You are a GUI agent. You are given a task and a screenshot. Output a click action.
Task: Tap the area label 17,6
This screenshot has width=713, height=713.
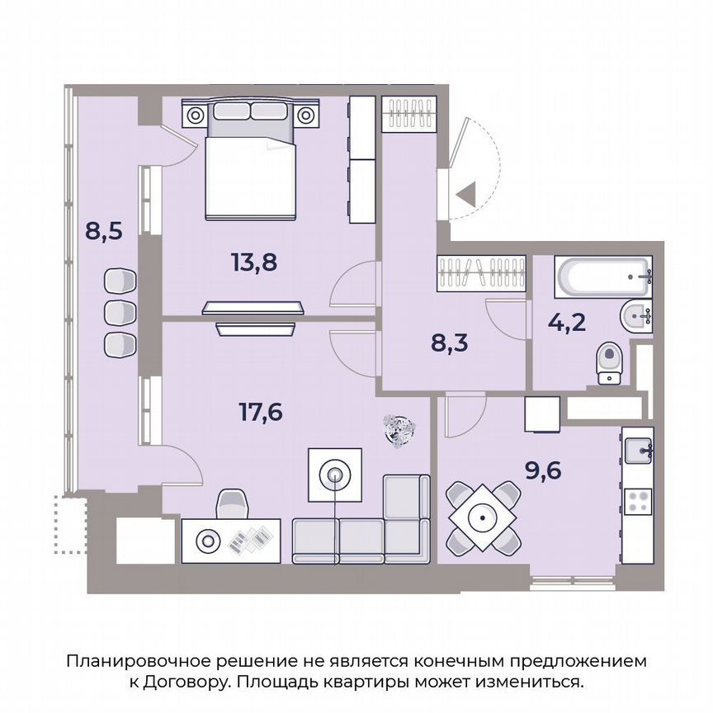click(x=261, y=410)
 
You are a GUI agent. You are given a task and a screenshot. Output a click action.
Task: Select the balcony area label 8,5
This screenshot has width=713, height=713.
click(x=104, y=229)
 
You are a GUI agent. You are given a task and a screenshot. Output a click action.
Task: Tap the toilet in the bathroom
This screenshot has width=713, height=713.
click(x=610, y=361)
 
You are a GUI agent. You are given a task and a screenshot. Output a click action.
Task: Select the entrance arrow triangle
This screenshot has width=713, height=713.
click(x=466, y=195)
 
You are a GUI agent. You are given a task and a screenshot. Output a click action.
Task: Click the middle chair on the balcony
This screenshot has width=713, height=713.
click(x=121, y=311)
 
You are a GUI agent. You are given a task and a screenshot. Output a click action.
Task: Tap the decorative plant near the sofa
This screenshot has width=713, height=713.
click(x=402, y=429)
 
